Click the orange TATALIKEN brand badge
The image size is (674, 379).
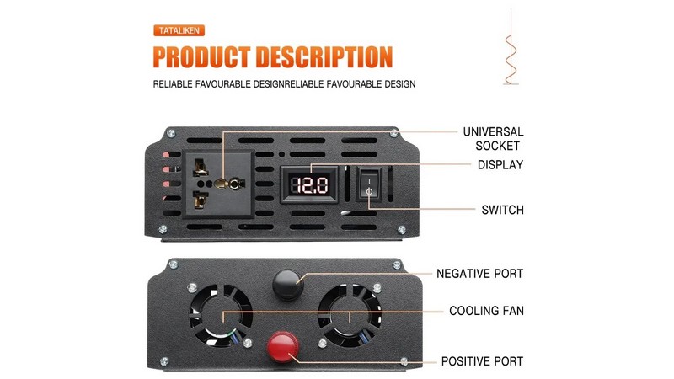179,31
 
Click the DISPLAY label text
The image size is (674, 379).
500,165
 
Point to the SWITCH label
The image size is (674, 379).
502,210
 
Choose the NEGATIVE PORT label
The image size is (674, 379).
479,274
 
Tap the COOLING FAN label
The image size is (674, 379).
486,311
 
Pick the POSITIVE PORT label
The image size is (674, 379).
482,361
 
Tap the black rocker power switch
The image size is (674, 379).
367,184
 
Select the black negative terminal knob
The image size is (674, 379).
287,285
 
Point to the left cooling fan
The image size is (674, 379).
222,313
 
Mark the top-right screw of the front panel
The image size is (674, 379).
394,132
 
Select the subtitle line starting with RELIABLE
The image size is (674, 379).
284,84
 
